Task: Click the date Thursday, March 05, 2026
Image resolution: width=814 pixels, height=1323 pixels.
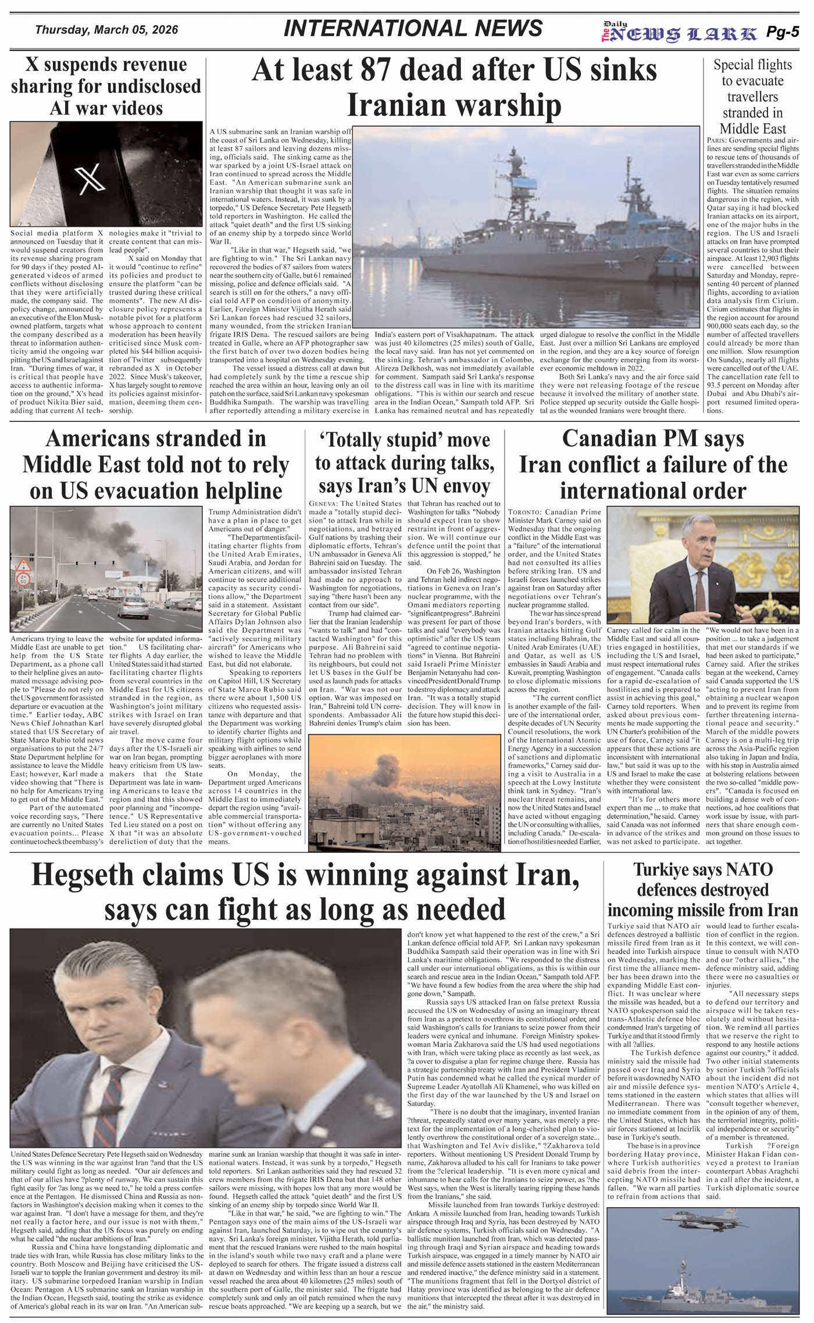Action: (x=106, y=30)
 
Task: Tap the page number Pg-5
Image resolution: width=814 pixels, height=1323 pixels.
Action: (x=782, y=32)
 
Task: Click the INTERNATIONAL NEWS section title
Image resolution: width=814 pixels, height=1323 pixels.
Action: (x=413, y=29)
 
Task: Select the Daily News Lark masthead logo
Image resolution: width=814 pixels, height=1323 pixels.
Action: (x=680, y=33)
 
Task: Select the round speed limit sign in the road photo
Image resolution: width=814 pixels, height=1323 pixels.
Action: (x=23, y=579)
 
